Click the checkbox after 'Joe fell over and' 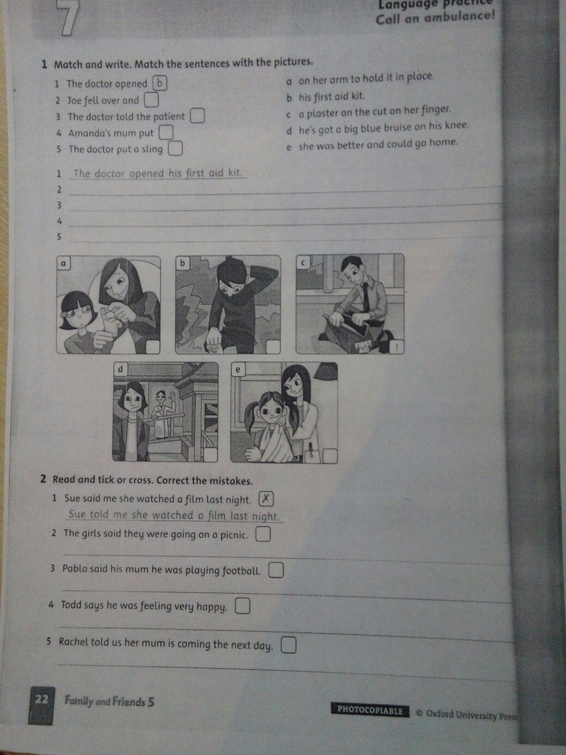pos(151,100)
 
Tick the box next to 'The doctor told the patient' pos(197,116)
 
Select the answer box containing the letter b pos(160,83)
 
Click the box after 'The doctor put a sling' pos(175,148)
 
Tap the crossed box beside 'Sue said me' pos(266,499)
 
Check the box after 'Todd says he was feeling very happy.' pos(242,606)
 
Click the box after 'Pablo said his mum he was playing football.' pos(276,570)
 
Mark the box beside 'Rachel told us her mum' pos(289,645)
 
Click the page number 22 pos(41,700)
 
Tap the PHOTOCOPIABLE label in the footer pos(370,710)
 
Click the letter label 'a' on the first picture pos(64,264)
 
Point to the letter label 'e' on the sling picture pos(238,369)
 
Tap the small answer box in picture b pos(273,347)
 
